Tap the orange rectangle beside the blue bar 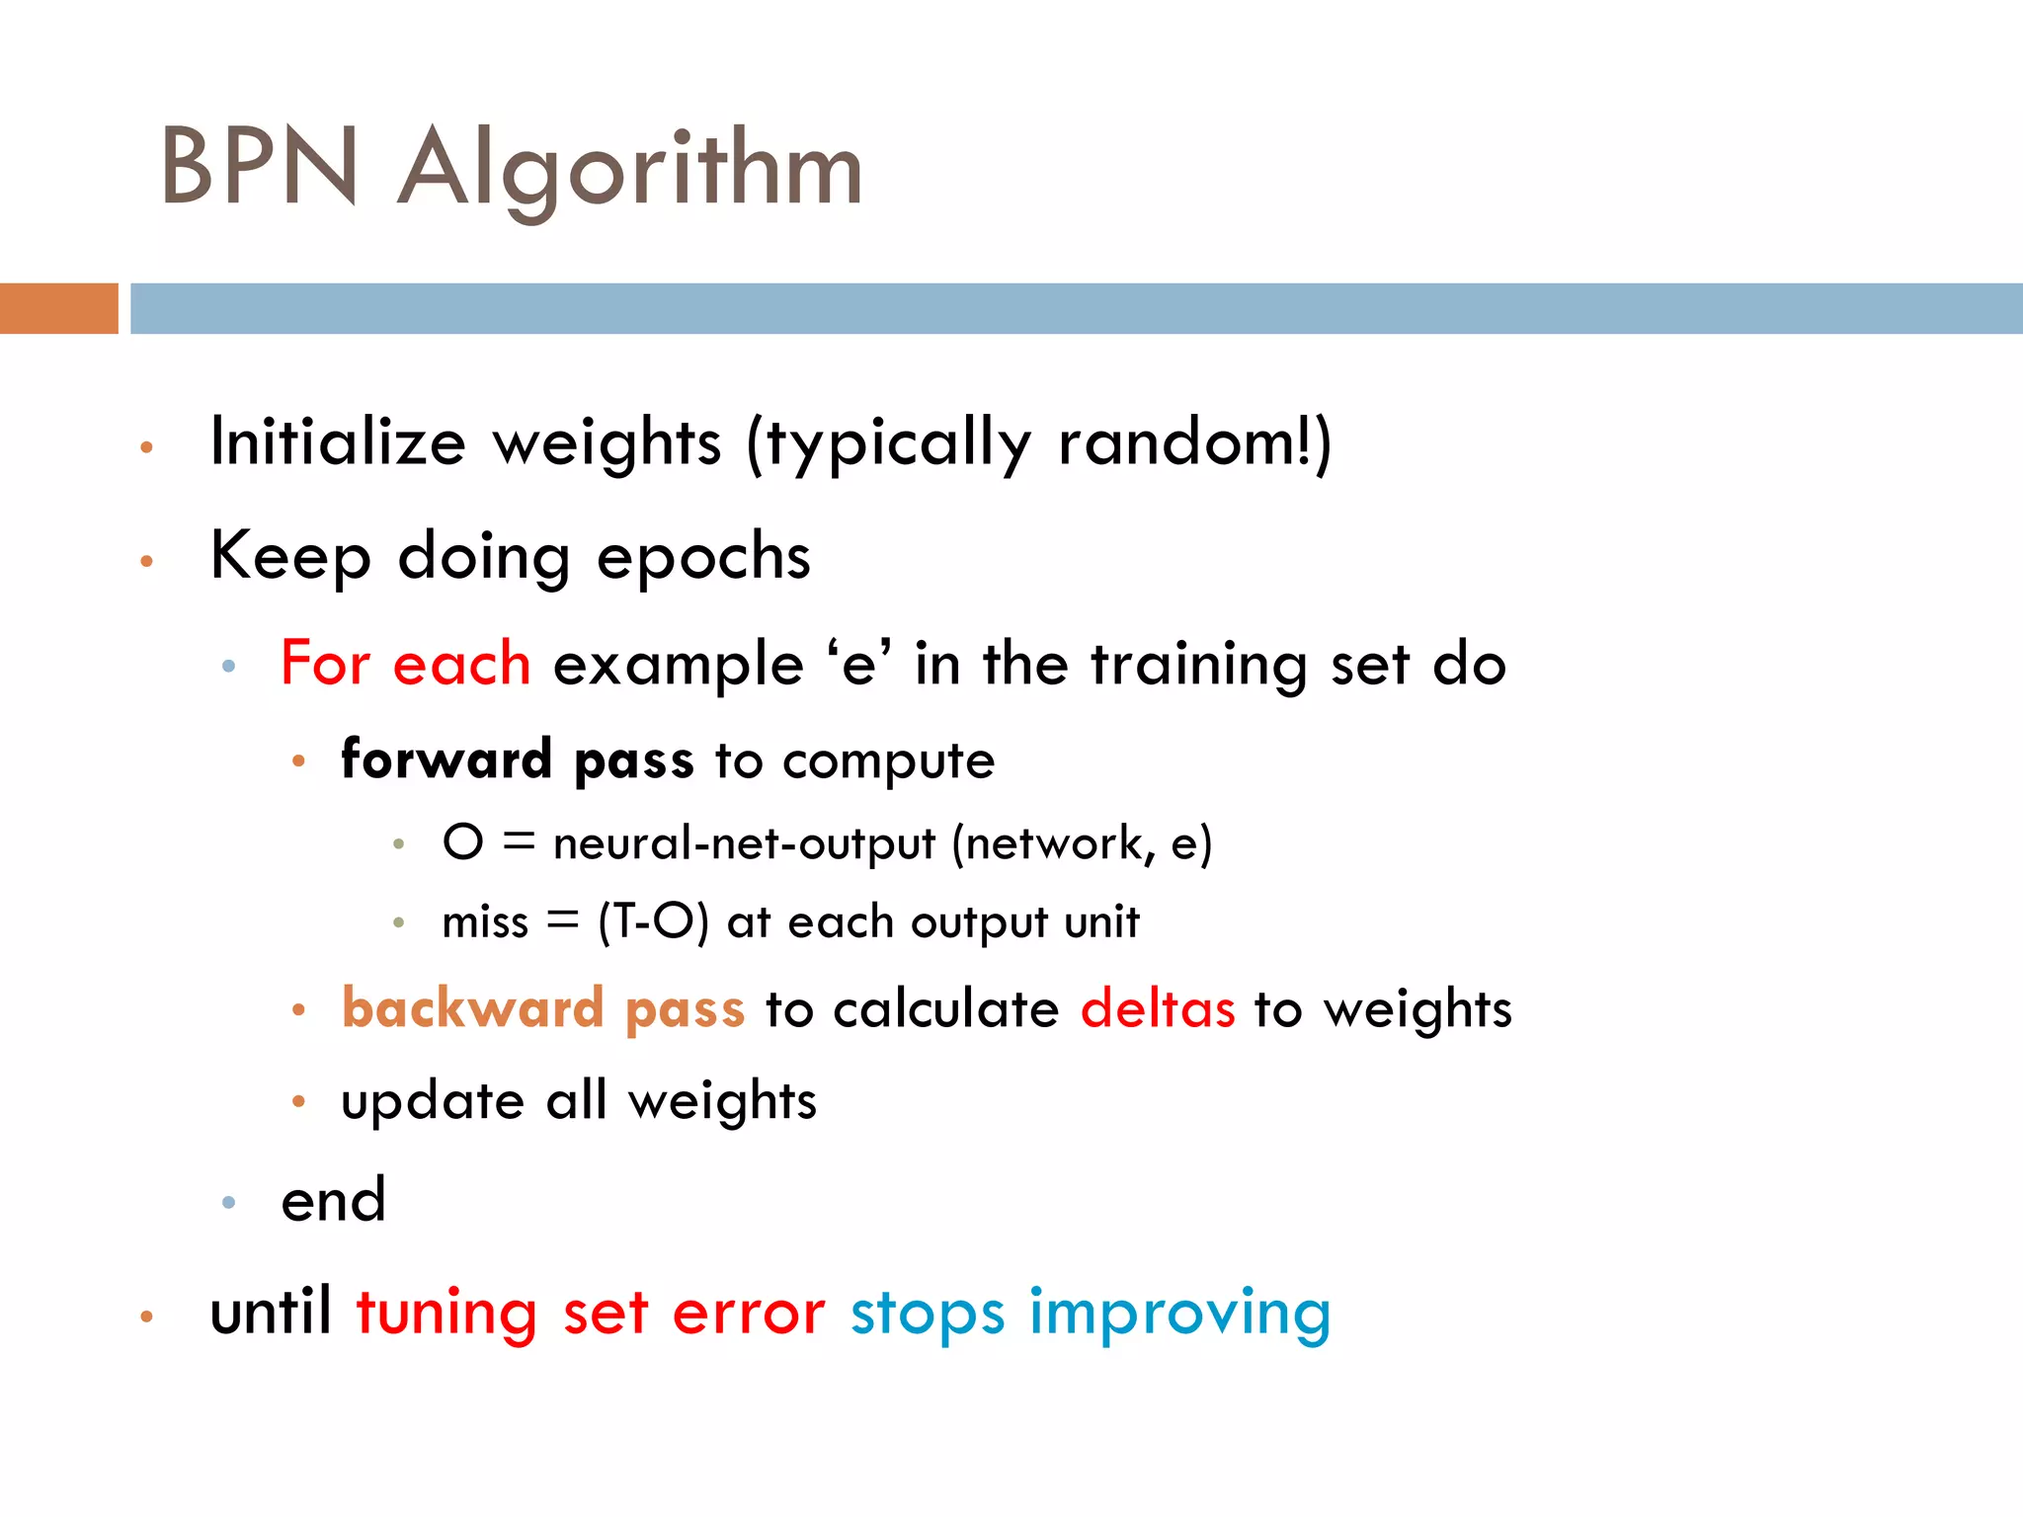[x=58, y=308]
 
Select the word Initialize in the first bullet [x=338, y=441]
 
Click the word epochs [x=703, y=557]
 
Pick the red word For [x=325, y=663]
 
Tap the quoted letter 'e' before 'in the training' [x=858, y=664]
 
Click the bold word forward [x=445, y=759]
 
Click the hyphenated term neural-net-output [x=743, y=843]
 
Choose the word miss [x=485, y=922]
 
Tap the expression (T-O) [x=653, y=922]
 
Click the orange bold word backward [x=472, y=1008]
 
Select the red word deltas [x=1158, y=1009]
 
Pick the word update [x=433, y=1101]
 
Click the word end [x=333, y=1201]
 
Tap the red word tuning [x=446, y=1314]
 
